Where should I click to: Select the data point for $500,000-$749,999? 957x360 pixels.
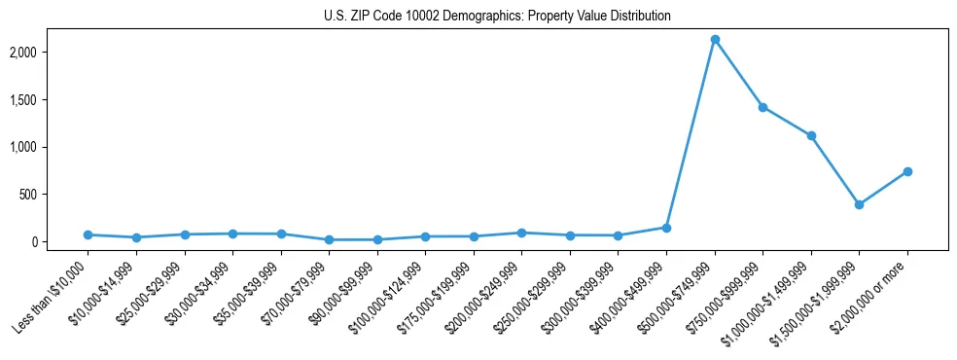point(715,40)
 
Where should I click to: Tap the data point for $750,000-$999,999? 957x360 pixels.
point(762,107)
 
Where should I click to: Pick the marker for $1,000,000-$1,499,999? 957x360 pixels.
point(811,136)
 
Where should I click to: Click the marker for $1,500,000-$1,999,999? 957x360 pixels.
point(859,204)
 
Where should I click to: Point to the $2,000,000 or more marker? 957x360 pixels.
point(907,171)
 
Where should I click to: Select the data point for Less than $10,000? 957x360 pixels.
point(88,234)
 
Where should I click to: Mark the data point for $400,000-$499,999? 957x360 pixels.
point(666,228)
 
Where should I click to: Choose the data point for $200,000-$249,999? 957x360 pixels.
point(521,233)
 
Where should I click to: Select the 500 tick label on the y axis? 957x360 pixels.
point(54,195)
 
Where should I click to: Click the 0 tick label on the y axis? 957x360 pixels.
point(60,242)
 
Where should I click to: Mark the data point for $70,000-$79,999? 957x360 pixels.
point(329,239)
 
